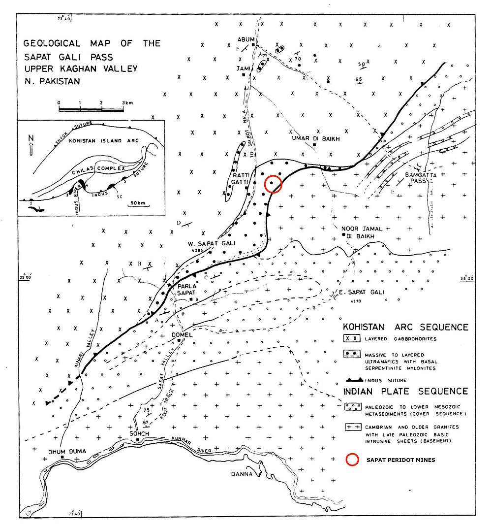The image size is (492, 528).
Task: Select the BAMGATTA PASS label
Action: coord(414,178)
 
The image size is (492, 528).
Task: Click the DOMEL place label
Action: coord(182,335)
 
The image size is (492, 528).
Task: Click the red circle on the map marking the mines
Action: coord(273,184)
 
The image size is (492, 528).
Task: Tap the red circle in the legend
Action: coord(351,460)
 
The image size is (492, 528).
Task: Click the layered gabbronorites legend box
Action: coord(352,338)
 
